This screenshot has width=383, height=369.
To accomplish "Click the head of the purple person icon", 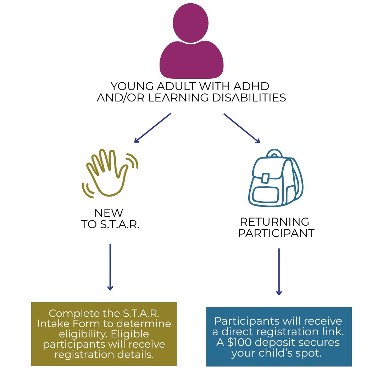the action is [190, 23].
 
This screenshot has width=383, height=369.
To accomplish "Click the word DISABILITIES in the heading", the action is [249, 98].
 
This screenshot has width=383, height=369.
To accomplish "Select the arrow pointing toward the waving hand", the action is [152, 128].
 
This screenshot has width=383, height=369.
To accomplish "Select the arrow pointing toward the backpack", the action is [242, 128].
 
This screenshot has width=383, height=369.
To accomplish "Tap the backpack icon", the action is [276, 178].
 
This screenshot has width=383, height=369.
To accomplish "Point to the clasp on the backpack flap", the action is [265, 178].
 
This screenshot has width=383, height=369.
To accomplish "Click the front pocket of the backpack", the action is [266, 195].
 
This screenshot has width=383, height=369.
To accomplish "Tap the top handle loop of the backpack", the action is [274, 153].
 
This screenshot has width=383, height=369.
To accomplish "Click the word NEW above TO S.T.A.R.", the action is [109, 213].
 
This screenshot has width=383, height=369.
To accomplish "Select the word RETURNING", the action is [274, 222].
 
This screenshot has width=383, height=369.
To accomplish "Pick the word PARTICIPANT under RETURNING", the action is [276, 233].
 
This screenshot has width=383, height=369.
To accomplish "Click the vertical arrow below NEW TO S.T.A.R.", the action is [110, 267].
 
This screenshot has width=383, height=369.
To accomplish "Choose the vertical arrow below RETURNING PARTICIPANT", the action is [279, 272].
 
